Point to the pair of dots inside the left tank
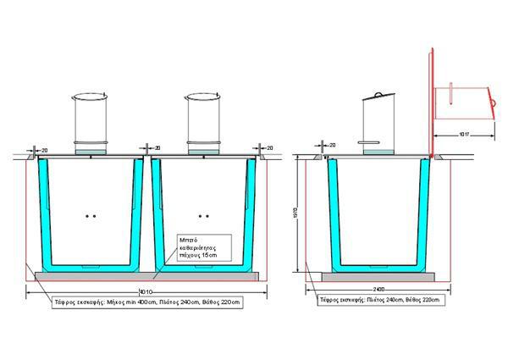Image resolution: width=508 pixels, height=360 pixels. coord(90,217)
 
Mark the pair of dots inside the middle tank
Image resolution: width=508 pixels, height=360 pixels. coord(202,217)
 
